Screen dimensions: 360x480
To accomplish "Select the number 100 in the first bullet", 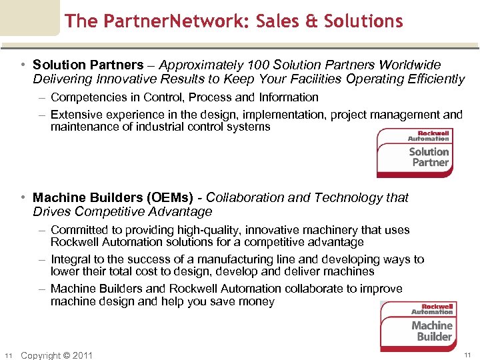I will [x=256, y=65].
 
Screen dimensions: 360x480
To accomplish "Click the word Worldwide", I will [x=410, y=65].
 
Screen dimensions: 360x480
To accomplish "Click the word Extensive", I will [x=75, y=115].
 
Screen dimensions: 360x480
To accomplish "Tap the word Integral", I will [x=70, y=259].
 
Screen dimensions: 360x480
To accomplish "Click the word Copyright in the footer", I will [x=41, y=355].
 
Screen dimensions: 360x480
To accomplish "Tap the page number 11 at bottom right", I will [x=467, y=354].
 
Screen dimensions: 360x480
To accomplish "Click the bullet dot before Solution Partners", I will [x=23, y=65].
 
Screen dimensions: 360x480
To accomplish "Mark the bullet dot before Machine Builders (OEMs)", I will [x=23, y=198].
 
